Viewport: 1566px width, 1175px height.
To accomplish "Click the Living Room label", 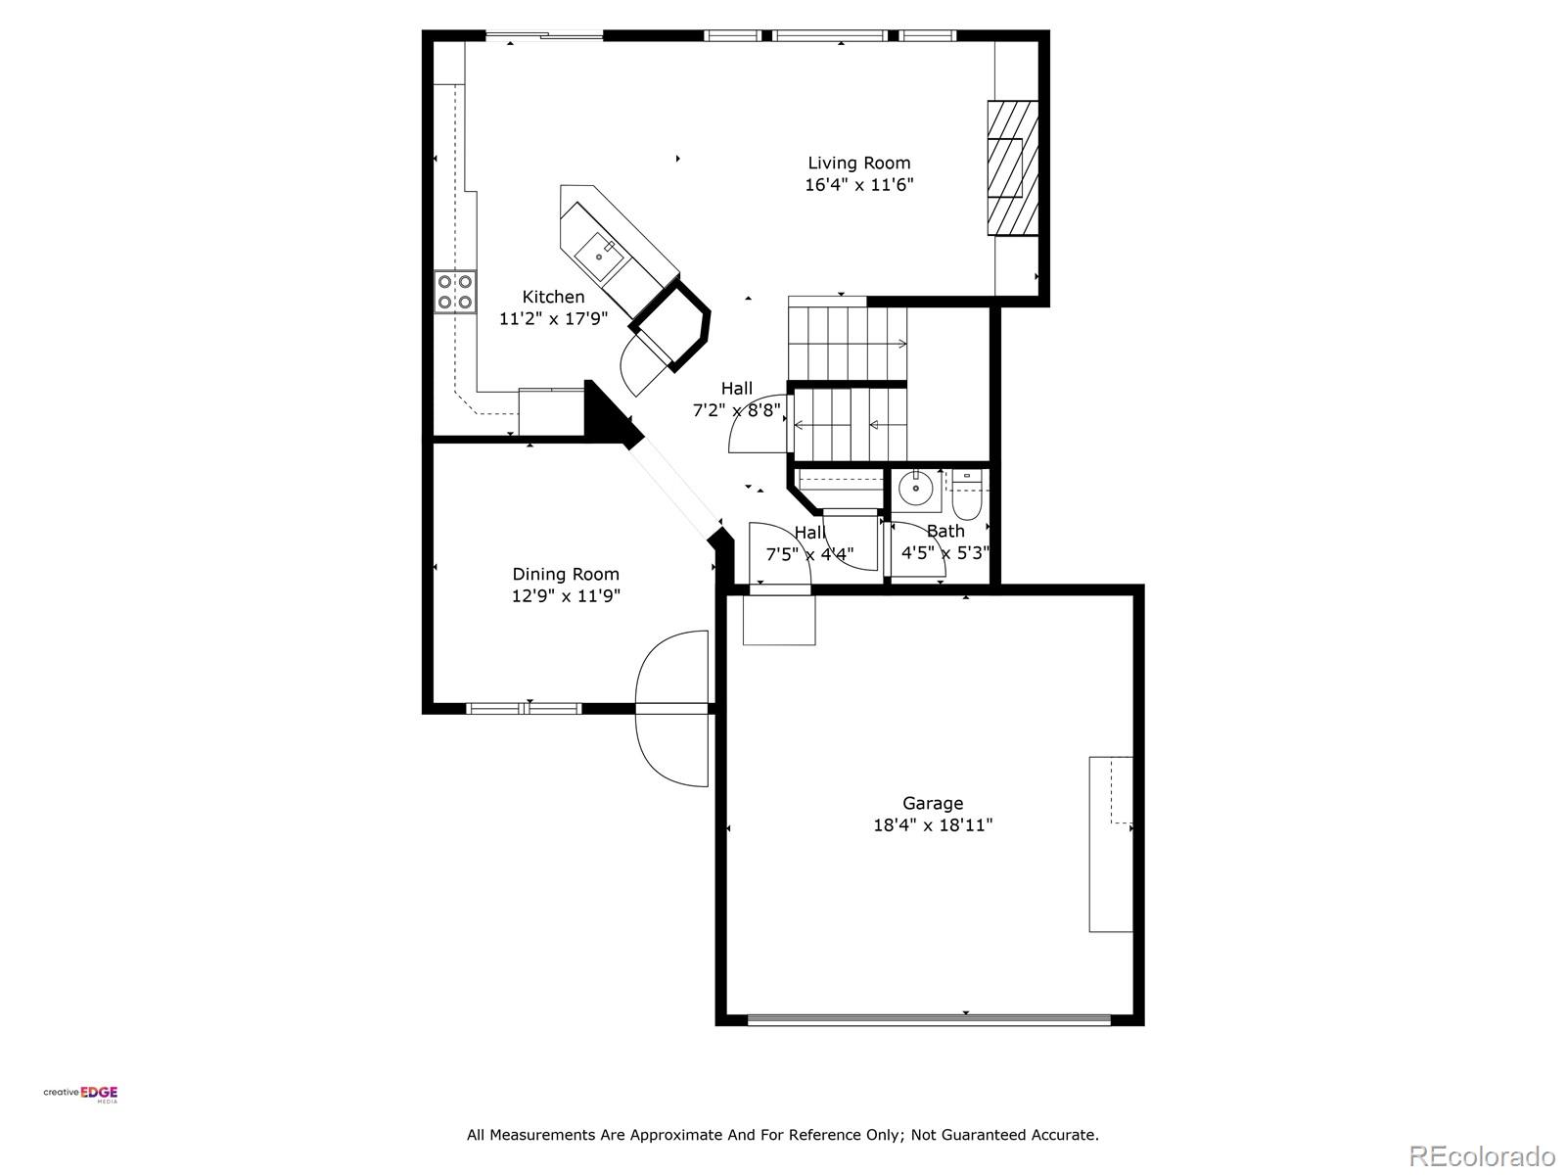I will [858, 164].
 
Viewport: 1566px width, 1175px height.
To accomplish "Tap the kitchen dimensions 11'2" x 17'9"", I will [553, 318].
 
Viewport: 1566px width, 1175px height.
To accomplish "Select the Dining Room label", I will [566, 575].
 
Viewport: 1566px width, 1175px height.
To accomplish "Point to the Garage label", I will [932, 803].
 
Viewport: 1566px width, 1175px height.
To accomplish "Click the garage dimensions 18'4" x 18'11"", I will [932, 825].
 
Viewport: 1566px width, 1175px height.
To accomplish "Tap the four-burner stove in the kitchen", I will [455, 292].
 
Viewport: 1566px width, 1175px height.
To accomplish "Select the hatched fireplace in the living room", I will [1011, 167].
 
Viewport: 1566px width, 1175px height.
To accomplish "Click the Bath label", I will [945, 531].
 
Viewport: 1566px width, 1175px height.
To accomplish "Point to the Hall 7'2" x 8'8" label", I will [737, 389].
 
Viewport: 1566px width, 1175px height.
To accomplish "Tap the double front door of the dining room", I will [672, 708].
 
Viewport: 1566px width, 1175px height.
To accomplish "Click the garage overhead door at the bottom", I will [929, 1019].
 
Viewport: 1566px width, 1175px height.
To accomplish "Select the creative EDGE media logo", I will [80, 1094].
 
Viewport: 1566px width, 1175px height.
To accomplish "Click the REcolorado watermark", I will [1481, 1155].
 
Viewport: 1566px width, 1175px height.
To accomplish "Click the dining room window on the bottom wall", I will [524, 708].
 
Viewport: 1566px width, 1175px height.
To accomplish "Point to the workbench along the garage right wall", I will [1111, 844].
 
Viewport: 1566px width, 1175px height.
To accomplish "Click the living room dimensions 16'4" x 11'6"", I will [858, 185].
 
